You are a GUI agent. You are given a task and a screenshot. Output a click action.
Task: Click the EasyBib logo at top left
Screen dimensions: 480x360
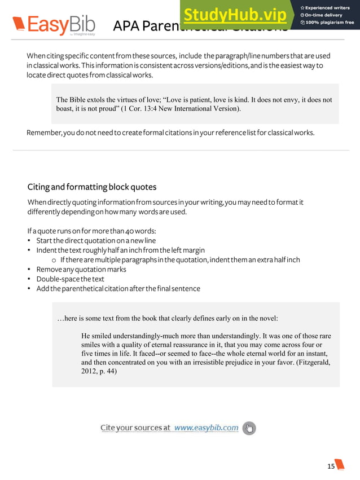coord(54,25)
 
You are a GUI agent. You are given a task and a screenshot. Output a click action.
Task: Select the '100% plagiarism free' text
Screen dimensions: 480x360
coord(330,23)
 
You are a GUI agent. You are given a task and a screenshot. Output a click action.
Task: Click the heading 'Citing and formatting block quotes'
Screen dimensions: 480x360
coord(91,187)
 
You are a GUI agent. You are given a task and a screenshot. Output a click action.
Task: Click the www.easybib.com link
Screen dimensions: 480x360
coord(206,428)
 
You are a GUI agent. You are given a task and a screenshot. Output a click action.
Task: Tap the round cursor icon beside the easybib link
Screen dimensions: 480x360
coord(249,429)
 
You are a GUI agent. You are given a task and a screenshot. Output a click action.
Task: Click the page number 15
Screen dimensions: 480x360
coord(331,466)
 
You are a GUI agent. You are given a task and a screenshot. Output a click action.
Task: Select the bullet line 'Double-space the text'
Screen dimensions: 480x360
coord(70,279)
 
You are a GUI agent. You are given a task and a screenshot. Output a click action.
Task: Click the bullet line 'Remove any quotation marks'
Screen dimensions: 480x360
coord(81,270)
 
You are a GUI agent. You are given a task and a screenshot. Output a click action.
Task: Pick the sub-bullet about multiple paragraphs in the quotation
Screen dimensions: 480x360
coord(179,260)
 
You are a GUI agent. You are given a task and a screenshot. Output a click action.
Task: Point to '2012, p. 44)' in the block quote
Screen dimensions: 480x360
coord(99,372)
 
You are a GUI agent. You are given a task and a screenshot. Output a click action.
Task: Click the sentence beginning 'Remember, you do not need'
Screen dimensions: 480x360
coord(170,133)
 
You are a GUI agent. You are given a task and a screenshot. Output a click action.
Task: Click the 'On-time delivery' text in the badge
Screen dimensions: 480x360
coord(324,15)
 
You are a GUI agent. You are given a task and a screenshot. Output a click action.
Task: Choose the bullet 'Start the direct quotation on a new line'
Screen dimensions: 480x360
coord(96,241)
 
